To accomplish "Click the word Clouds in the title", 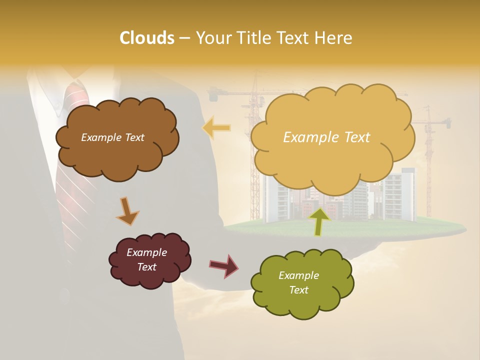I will (x=147, y=38).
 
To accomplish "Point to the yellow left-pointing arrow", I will (x=216, y=128).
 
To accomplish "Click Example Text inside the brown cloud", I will (x=113, y=137).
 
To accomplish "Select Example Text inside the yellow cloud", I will (x=326, y=137).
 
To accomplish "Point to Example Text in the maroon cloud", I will (x=146, y=259).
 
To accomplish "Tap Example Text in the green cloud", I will (x=298, y=282).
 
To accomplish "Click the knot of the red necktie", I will (x=76, y=95).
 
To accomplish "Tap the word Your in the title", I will (x=212, y=38).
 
